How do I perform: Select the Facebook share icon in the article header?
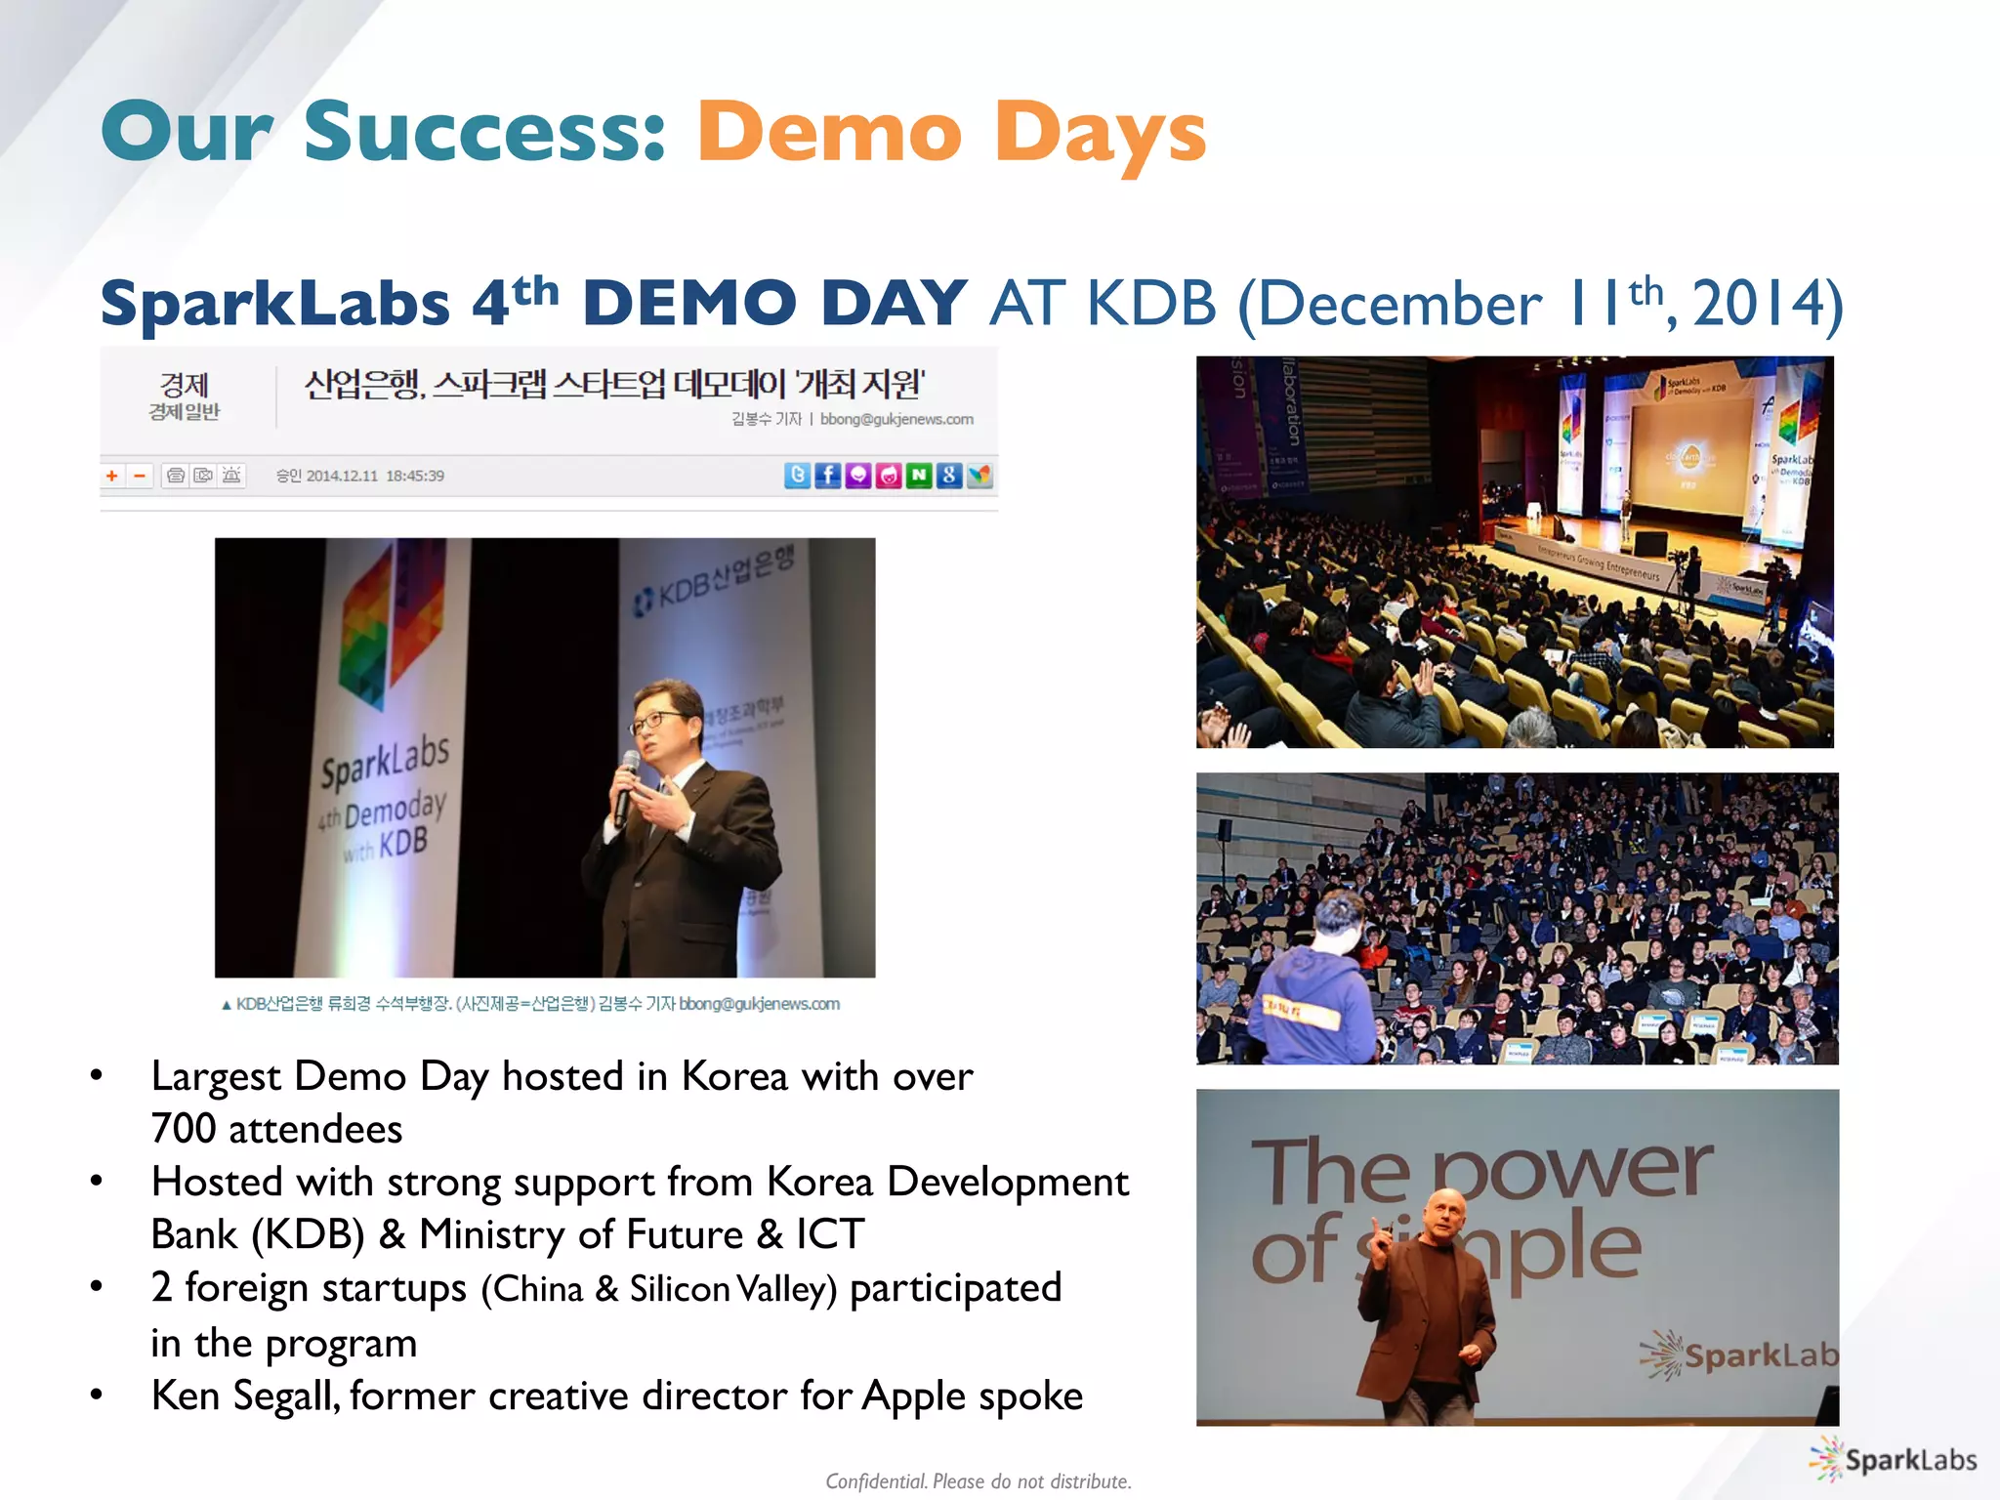pos(827,476)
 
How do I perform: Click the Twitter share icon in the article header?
pos(797,476)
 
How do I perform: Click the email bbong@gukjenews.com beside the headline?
pos(896,420)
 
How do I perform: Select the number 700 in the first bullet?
pos(184,1129)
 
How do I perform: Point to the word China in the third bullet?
pos(538,1289)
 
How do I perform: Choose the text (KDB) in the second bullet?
pos(308,1235)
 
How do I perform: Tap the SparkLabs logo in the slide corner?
pos(1892,1460)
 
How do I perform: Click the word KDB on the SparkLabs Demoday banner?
pos(402,842)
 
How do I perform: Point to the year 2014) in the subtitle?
pos(1768,304)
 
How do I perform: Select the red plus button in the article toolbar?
pos(112,477)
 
